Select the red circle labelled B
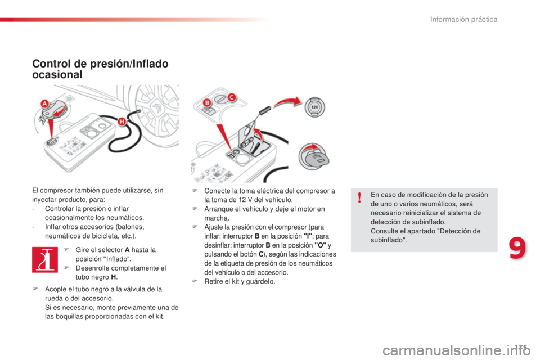207,102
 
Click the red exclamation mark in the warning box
359,197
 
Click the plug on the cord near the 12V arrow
265,110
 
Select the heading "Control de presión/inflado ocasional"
100,69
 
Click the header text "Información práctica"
463,20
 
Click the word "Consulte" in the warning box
385,231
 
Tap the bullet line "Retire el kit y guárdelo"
240,281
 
